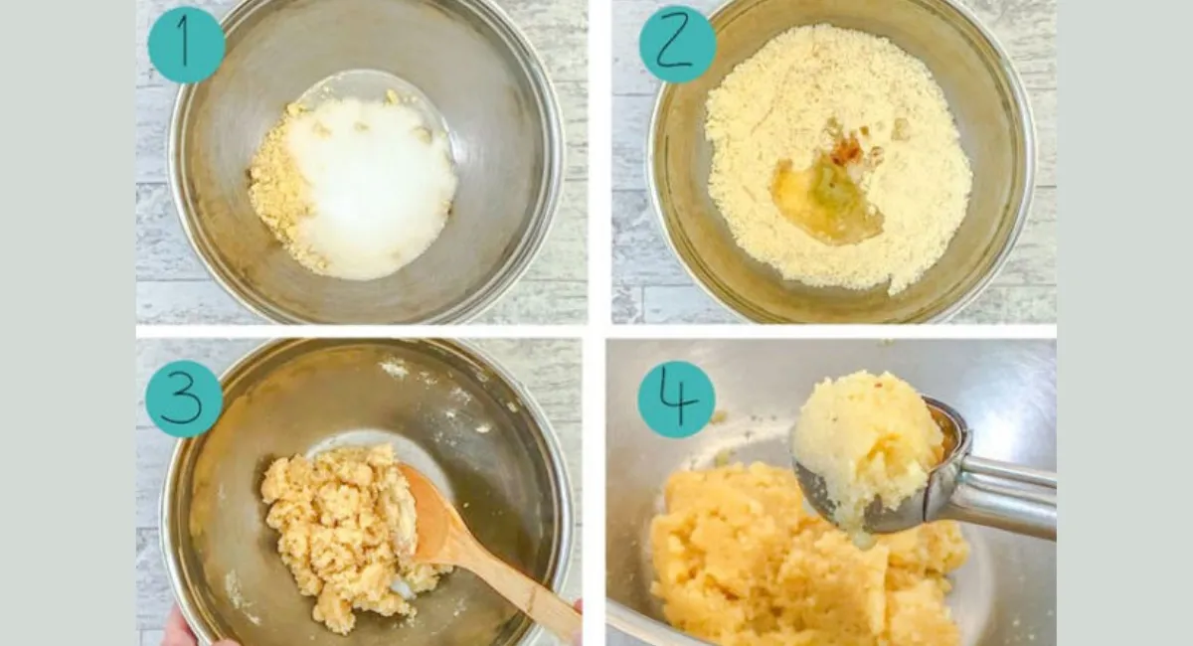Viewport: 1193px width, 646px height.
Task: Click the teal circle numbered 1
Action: pyautogui.click(x=186, y=45)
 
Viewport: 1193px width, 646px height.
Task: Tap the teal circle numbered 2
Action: pyautogui.click(x=677, y=44)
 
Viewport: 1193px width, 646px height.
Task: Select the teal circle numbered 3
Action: pyautogui.click(x=184, y=399)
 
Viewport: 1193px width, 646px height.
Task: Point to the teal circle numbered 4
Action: pyautogui.click(x=676, y=400)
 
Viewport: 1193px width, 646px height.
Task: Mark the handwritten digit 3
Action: pyautogui.click(x=182, y=399)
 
